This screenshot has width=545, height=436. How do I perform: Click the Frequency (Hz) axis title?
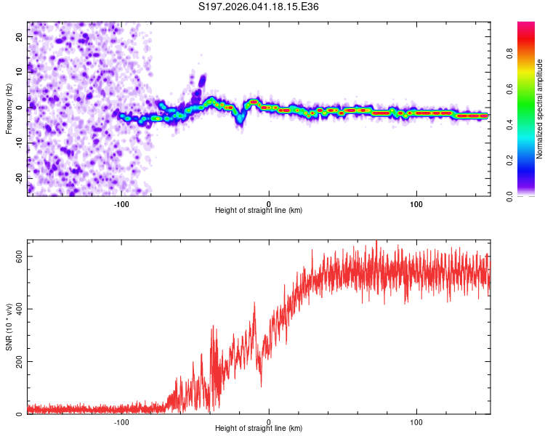9,108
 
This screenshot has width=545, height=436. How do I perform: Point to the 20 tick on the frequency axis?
20,36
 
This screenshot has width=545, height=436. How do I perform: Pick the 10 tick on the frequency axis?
20,71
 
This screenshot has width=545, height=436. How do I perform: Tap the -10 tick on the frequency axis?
19,142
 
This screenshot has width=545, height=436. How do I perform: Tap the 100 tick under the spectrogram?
416,203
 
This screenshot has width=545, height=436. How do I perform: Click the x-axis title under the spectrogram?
259,211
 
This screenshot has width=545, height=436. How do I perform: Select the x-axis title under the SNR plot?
259,429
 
